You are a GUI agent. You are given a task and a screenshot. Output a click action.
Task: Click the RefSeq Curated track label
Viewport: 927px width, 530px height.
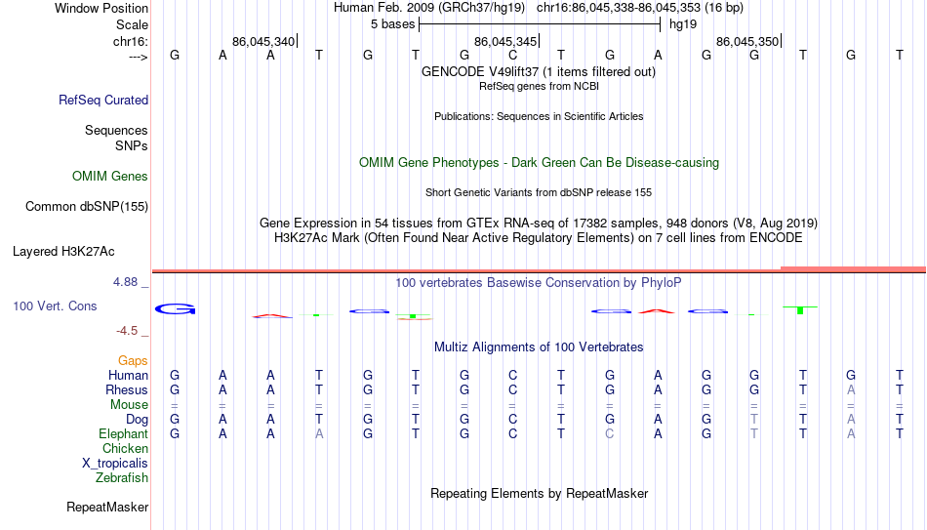point(102,100)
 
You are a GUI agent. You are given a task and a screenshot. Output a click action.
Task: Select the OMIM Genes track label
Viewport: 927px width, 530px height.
point(109,177)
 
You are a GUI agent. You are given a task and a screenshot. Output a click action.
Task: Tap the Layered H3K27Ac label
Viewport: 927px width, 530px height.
point(63,252)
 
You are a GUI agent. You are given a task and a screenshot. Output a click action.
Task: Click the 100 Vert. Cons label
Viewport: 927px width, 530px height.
point(55,306)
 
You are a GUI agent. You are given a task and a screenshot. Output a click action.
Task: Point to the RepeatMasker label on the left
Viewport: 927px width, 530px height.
point(107,507)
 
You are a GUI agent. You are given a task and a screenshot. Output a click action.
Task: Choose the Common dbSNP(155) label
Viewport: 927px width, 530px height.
point(86,207)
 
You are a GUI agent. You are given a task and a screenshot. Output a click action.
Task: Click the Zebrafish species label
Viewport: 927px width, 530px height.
point(122,477)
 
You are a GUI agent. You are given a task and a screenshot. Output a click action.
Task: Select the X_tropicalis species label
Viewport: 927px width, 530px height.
point(115,464)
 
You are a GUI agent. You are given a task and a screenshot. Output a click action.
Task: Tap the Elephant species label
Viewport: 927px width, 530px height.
point(123,433)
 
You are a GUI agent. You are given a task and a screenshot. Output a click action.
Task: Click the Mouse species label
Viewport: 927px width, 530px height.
point(129,405)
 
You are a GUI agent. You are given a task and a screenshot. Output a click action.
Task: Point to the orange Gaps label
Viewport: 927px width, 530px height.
point(133,361)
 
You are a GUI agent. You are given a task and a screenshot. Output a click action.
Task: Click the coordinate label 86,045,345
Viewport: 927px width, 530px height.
point(505,41)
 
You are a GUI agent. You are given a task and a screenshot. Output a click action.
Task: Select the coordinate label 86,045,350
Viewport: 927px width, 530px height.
point(747,41)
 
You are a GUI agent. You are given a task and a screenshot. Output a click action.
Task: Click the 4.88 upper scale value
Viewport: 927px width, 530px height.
point(125,281)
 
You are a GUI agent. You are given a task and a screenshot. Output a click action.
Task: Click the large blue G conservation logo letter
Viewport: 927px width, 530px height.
point(175,308)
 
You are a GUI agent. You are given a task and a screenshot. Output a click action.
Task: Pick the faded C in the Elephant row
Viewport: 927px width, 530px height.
point(610,433)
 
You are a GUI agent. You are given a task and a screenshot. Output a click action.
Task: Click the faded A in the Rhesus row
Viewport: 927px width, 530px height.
point(851,389)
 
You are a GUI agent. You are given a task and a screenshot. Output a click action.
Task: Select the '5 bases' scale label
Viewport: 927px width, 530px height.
point(392,24)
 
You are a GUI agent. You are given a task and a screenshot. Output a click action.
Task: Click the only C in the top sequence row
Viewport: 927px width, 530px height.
point(512,55)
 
